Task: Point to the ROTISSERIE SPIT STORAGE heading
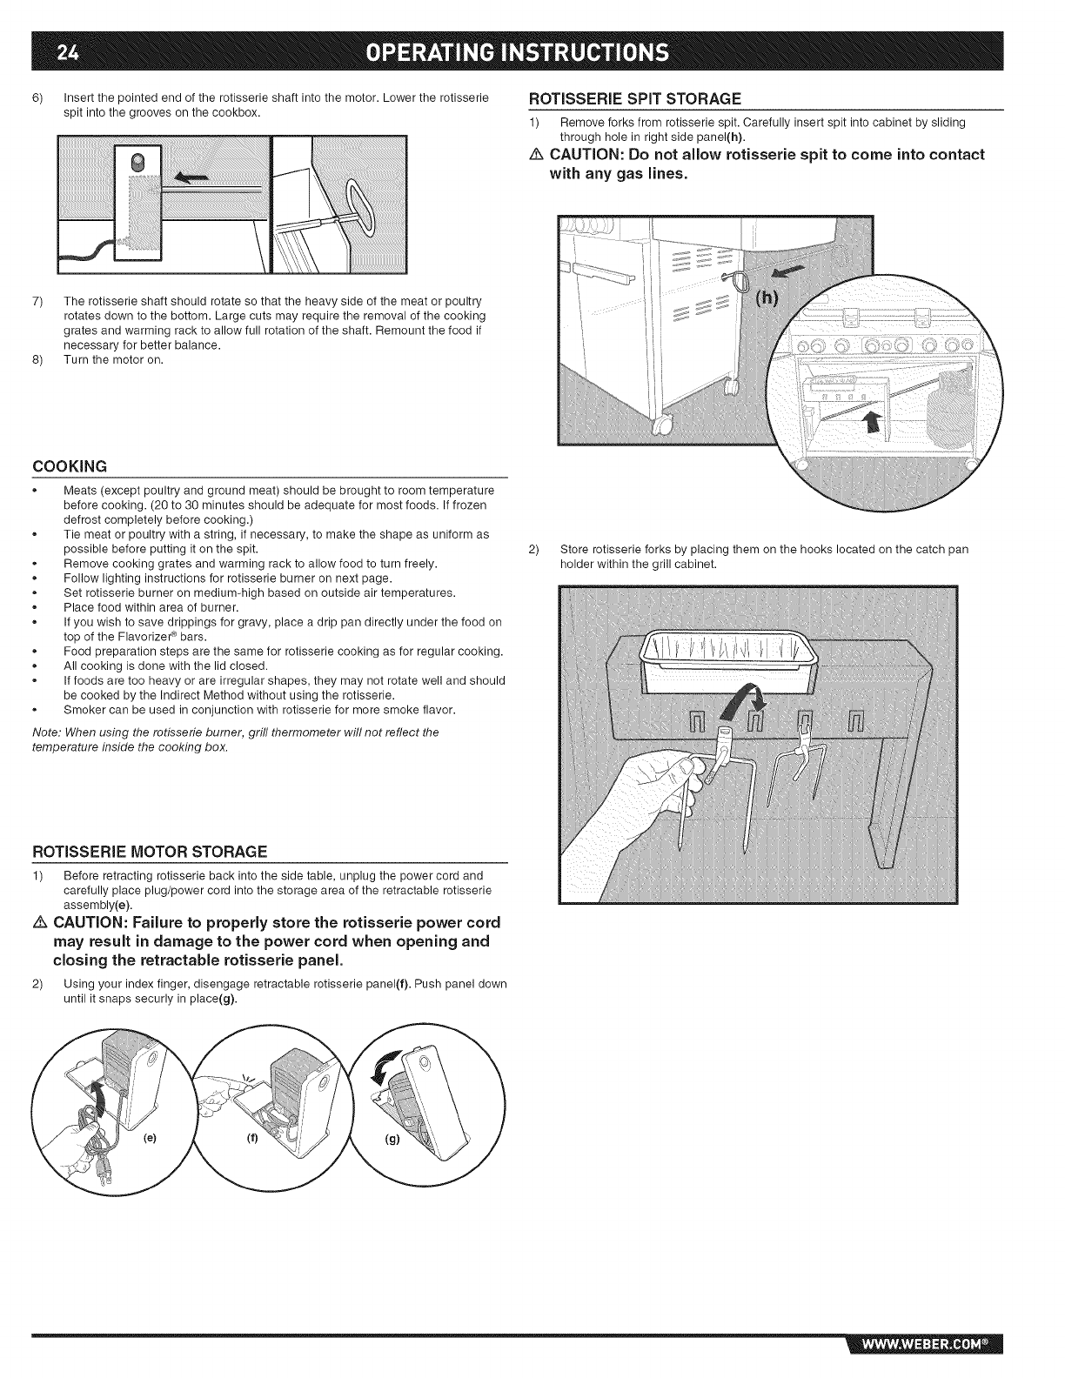click(x=635, y=97)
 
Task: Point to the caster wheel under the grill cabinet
click(x=661, y=425)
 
